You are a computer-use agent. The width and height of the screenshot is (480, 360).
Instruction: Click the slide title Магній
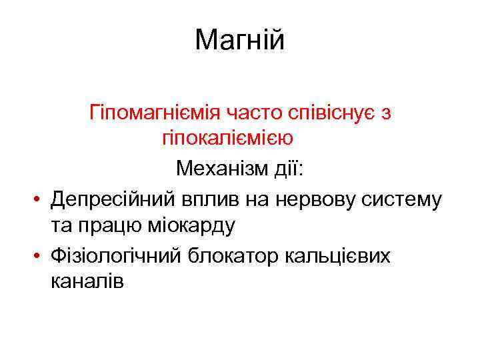coord(240,40)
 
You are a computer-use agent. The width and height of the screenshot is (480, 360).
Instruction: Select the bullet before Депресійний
coord(40,199)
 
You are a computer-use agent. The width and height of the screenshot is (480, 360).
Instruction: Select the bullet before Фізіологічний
coord(40,255)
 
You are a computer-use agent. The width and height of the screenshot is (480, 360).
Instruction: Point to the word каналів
coord(87,282)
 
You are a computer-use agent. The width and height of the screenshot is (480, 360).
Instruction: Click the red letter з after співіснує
coord(385,113)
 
